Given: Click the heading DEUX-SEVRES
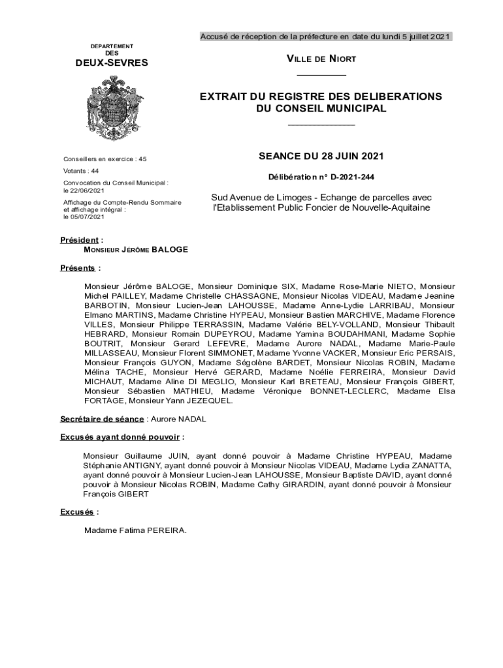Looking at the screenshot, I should point(112,63).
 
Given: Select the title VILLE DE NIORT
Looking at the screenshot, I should point(321,59).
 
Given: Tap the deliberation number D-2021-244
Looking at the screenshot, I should point(352,177).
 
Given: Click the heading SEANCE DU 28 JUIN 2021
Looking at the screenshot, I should point(321,157).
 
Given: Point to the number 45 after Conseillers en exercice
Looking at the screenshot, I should point(143,159).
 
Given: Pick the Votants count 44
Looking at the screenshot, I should point(95,170).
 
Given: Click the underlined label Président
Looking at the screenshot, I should point(80,240).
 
